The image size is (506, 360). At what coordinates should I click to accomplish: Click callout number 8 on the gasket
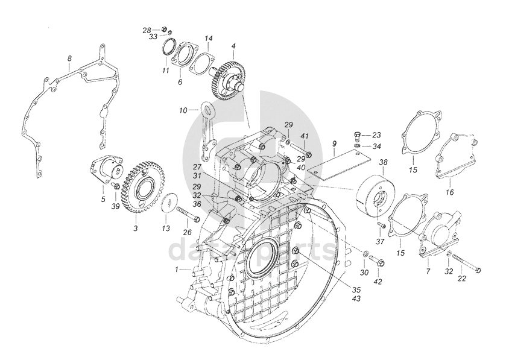69,58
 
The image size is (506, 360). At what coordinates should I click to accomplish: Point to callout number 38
384,162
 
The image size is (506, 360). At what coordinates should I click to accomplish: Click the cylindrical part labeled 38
370,197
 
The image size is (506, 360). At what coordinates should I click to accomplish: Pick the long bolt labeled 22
467,262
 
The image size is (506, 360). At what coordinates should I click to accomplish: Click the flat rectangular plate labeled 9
339,165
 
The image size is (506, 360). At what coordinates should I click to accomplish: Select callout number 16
449,192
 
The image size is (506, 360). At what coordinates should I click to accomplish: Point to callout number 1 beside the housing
177,269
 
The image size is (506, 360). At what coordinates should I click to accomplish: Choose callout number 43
356,298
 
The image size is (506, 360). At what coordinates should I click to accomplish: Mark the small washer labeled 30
365,253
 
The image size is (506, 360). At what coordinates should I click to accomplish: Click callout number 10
183,110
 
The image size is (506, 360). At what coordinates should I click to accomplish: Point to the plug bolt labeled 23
357,136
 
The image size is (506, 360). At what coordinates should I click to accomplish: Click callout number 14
209,39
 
